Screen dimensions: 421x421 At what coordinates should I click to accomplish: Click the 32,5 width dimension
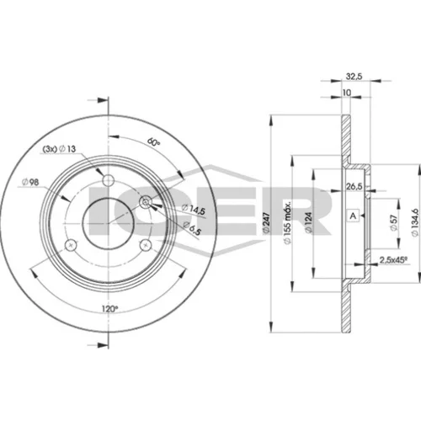click(354, 76)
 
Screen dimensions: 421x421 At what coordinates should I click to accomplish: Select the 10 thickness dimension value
click(347, 93)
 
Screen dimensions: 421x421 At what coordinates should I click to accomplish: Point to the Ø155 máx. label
click(287, 222)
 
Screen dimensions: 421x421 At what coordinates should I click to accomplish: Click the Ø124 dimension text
click(308, 222)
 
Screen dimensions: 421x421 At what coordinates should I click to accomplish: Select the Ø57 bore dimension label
click(394, 222)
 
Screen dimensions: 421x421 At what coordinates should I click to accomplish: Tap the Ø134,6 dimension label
click(415, 222)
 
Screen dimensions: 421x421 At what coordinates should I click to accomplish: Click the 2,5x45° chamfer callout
click(393, 260)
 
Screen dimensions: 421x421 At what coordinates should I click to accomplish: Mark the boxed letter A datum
click(354, 216)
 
